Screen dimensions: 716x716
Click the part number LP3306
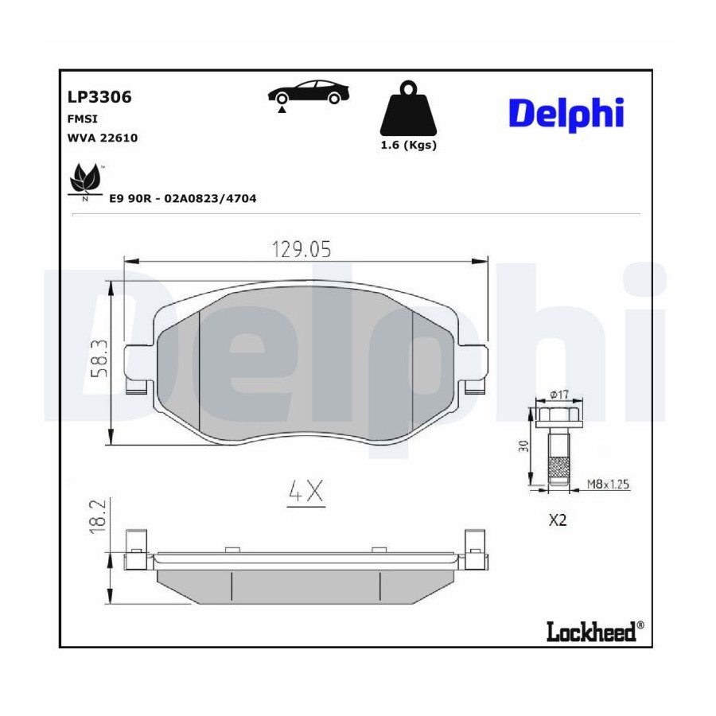click(99, 97)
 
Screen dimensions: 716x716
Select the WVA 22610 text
click(103, 138)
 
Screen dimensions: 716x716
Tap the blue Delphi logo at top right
click(566, 114)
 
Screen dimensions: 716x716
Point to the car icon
click(308, 93)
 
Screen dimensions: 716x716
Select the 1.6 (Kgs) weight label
click(409, 146)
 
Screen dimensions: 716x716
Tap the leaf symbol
click(85, 180)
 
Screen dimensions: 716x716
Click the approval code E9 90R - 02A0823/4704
click(183, 198)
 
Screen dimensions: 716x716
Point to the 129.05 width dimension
click(302, 249)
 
